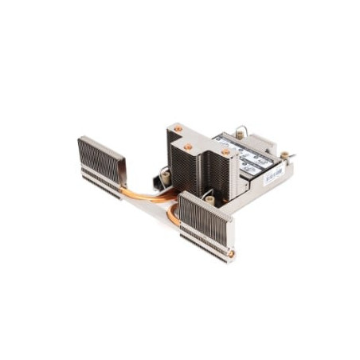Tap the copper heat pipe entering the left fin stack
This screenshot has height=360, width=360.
143,190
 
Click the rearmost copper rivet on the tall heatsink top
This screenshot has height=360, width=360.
178,128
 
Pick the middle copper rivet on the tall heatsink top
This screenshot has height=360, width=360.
189,147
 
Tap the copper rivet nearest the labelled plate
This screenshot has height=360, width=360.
225,151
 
